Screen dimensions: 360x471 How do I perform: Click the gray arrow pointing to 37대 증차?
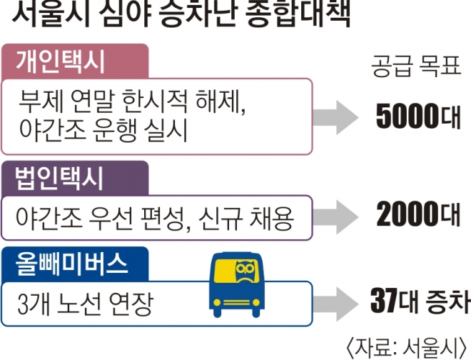click(x=335, y=302)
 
